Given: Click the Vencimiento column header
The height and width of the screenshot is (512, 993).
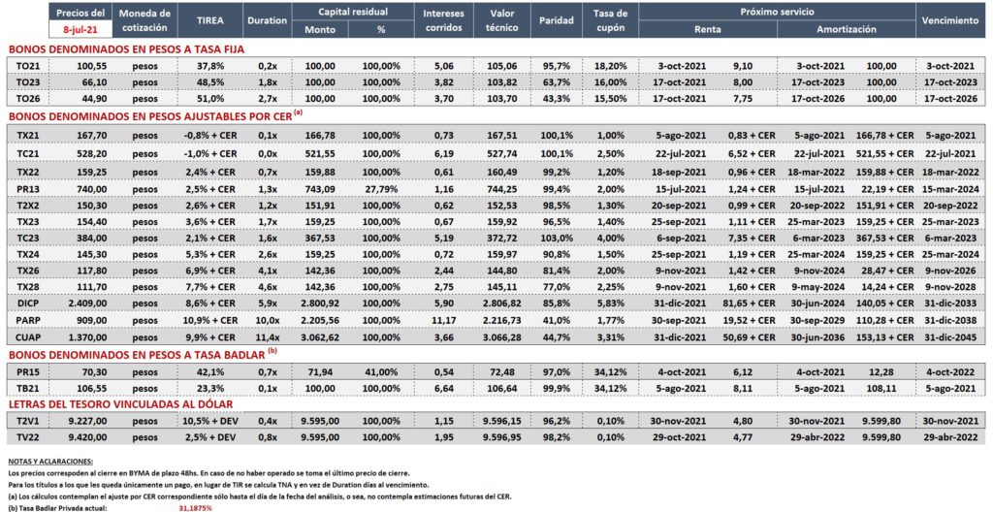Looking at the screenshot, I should tap(951, 19).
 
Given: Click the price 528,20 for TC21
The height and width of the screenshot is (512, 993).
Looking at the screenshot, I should tap(80, 154).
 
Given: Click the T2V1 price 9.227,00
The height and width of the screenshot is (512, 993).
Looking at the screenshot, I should tap(80, 421).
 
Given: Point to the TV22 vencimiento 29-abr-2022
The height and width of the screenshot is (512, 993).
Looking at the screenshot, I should tap(951, 438).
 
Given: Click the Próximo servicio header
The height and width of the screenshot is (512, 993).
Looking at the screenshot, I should tap(777, 12).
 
